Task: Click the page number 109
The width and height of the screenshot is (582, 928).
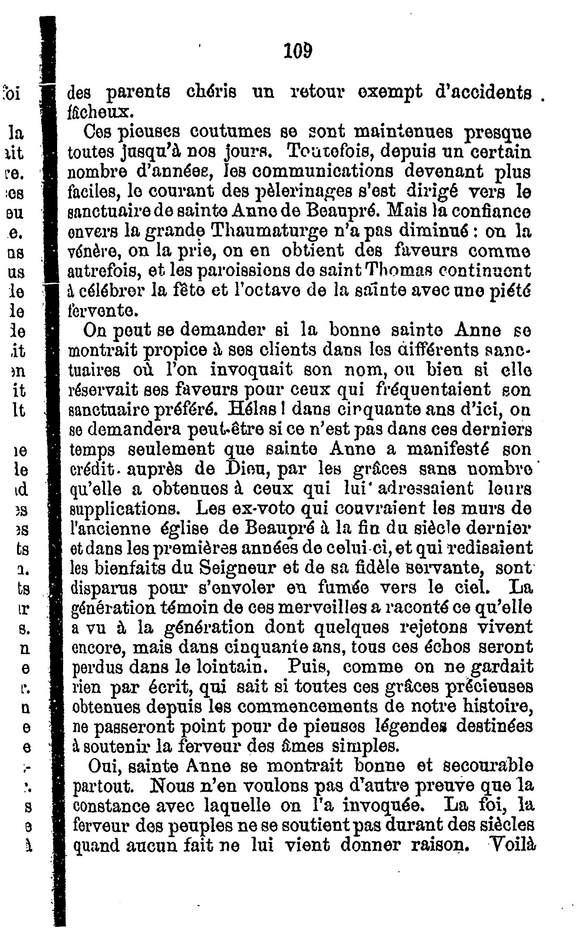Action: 297,51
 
